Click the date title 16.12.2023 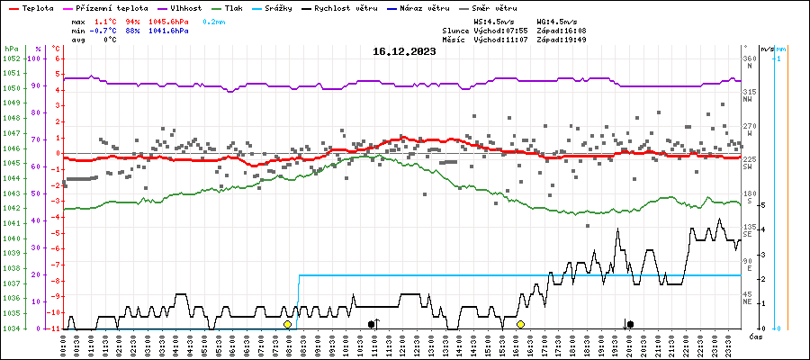tap(404, 52)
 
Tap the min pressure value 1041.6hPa tap(168, 30)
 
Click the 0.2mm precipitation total tap(213, 20)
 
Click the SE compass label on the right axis tap(748, 234)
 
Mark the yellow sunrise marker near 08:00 tap(287, 324)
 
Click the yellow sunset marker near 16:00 tap(520, 324)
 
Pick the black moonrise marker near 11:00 tap(371, 324)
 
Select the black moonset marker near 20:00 tap(630, 324)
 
